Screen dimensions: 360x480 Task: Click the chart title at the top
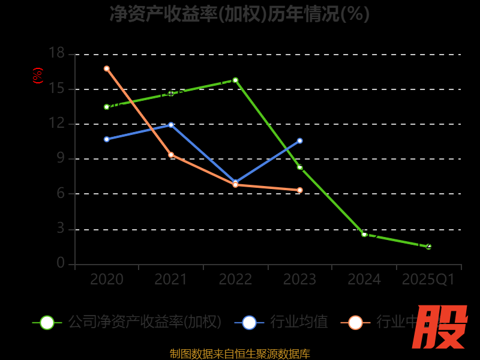239,14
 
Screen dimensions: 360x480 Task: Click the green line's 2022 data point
235,80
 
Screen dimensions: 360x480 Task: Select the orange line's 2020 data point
107,68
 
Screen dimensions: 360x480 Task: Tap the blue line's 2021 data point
171,125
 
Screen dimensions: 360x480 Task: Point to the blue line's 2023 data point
300,141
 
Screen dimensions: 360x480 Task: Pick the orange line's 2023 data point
300,190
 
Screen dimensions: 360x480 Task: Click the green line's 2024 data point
364,234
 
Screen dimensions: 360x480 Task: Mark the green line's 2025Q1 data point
428,247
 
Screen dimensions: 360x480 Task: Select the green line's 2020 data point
107,107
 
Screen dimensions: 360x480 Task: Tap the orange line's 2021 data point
171,155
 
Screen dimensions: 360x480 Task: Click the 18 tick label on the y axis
56,53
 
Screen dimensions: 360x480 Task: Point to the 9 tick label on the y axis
60,158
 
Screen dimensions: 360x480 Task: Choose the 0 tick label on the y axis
60,263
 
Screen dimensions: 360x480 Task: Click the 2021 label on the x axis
171,280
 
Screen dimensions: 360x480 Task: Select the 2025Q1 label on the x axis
428,280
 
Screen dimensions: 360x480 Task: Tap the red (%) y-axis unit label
38,76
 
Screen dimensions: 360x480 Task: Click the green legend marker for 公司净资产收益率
47,322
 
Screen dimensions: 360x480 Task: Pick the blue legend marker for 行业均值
249,322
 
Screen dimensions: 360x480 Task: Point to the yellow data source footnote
239,354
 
